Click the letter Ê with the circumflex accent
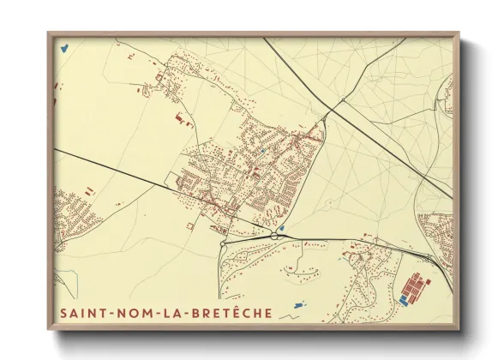[234, 312]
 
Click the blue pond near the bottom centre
[298, 304]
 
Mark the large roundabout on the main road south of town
[273, 236]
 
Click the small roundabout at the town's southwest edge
[223, 243]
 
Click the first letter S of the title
[63, 313]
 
